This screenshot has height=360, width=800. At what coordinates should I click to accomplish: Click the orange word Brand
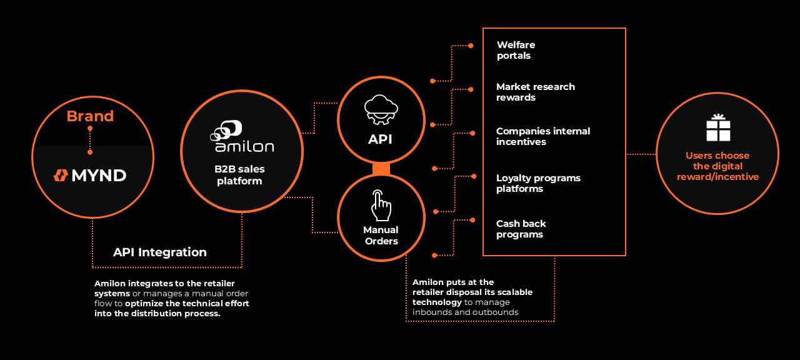click(x=90, y=116)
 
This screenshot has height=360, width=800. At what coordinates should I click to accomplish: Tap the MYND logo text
click(x=90, y=176)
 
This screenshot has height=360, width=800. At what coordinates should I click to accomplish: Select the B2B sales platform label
click(x=239, y=176)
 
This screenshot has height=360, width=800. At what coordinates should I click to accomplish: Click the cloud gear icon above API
click(x=381, y=111)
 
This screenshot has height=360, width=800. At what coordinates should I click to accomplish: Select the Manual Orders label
click(x=381, y=236)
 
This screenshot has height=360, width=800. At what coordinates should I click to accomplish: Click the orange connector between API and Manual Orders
click(x=381, y=169)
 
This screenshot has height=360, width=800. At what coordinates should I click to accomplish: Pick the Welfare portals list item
click(x=516, y=50)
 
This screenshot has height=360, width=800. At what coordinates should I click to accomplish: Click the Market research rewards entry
click(x=535, y=92)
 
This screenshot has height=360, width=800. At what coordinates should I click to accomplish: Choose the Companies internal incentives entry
click(x=542, y=136)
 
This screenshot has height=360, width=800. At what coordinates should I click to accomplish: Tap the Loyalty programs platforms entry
click(x=538, y=183)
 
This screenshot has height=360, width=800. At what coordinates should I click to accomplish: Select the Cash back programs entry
click(x=521, y=229)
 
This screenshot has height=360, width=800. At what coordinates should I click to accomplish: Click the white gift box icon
click(x=718, y=128)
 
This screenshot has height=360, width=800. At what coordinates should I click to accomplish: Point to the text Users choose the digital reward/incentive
click(x=717, y=166)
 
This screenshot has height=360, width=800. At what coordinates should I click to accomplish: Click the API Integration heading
click(x=160, y=252)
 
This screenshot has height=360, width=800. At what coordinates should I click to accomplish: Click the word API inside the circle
click(x=380, y=139)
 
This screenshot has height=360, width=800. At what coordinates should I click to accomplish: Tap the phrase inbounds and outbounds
click(x=466, y=312)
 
